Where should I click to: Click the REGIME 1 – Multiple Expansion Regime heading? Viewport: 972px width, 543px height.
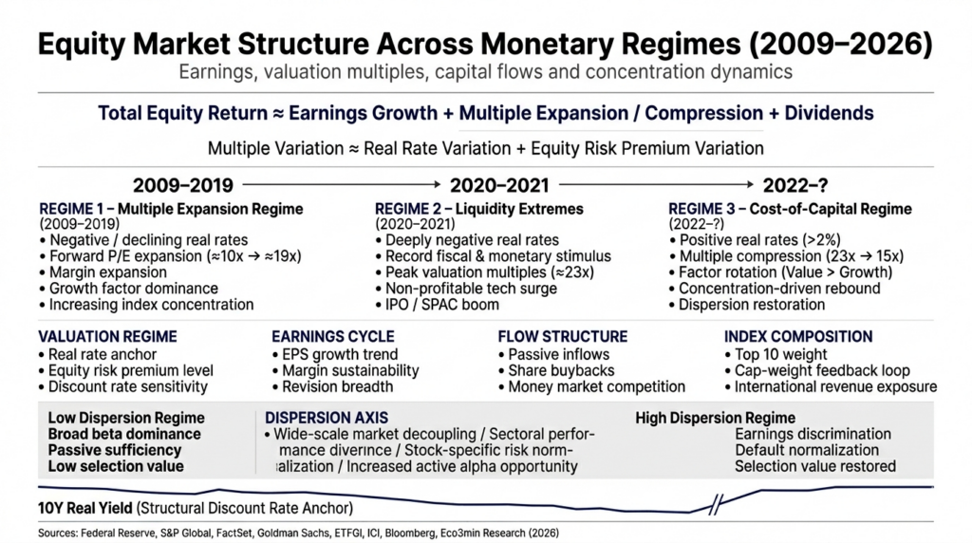pos(171,208)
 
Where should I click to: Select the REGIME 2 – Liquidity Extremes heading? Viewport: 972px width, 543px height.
pos(479,208)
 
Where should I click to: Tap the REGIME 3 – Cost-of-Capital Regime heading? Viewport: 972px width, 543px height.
pos(790,208)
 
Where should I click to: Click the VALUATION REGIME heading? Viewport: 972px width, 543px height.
pos(106,336)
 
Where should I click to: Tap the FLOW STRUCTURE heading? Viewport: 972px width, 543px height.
pos(562,336)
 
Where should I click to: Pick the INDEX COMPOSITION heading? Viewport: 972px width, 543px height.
pos(798,336)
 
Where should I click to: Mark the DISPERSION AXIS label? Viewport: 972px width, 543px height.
pos(326,418)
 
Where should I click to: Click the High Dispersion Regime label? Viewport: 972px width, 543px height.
pos(715,418)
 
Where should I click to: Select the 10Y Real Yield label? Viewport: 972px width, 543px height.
pos(87,506)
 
